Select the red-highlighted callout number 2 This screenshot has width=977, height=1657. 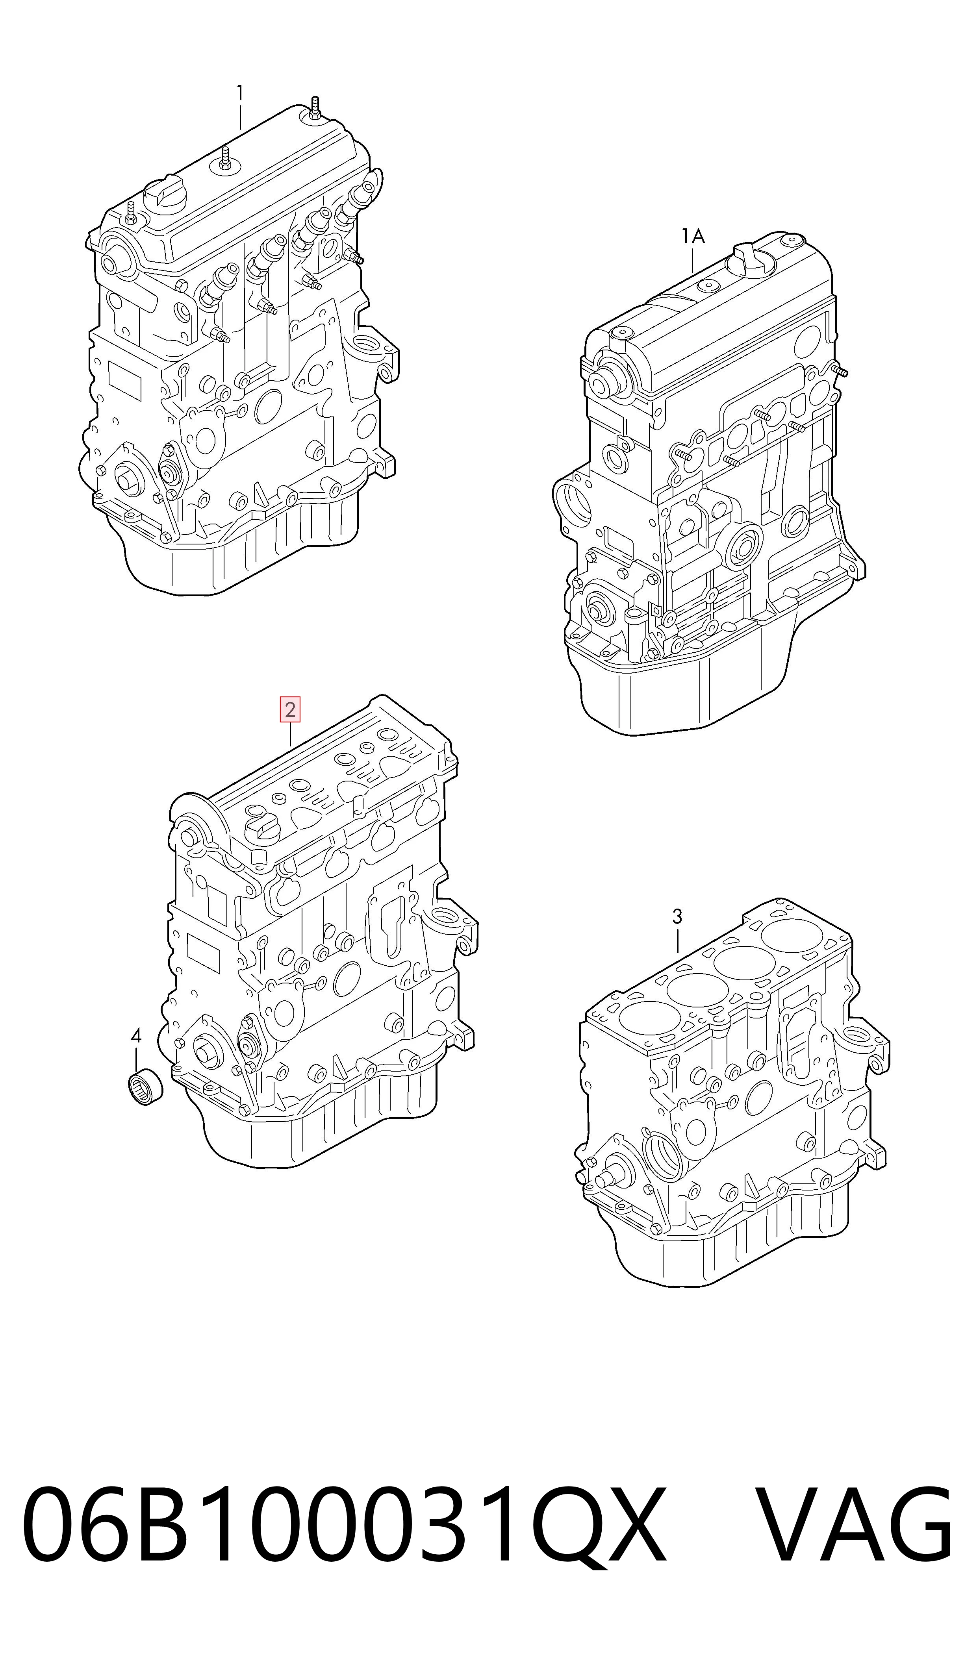tap(290, 710)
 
